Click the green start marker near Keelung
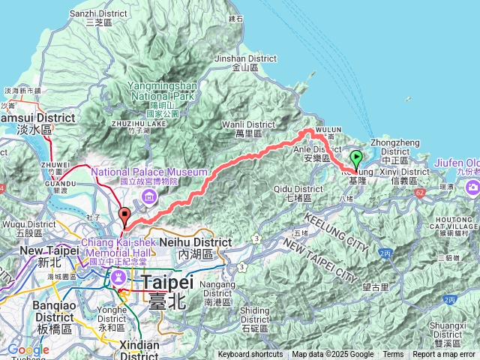(x=356, y=158)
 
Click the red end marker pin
(x=124, y=215)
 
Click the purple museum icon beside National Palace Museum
(x=149, y=196)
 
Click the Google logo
(x=28, y=349)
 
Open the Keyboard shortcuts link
(x=250, y=355)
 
